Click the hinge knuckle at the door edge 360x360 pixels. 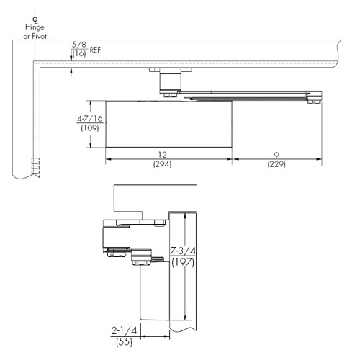point(35,167)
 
